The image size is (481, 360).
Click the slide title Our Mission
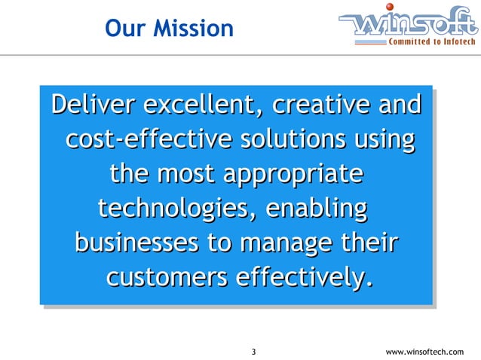coord(169,29)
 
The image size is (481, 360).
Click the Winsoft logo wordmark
coord(407,26)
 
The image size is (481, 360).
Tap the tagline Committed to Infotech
coord(432,42)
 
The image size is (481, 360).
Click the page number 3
coord(253,352)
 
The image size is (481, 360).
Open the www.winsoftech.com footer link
coord(424,352)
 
